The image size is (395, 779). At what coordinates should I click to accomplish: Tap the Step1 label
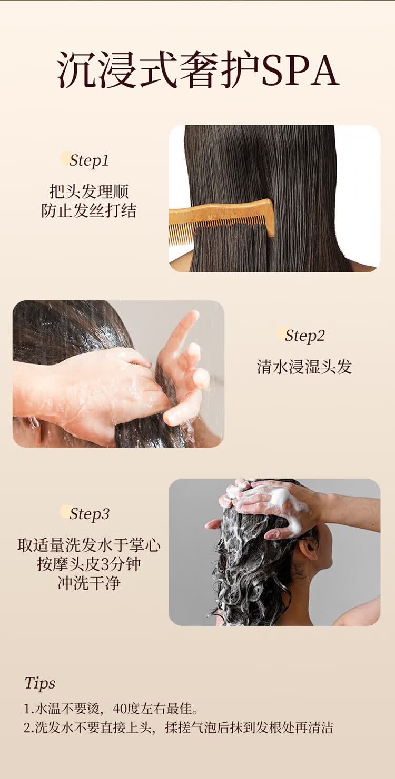pyautogui.click(x=89, y=160)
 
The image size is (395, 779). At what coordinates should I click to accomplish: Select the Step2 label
pyautogui.click(x=305, y=336)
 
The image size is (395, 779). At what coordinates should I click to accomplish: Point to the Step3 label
pyautogui.click(x=90, y=514)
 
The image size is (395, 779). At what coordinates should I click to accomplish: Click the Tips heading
pyautogui.click(x=39, y=684)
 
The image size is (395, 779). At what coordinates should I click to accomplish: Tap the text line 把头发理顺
pyautogui.click(x=89, y=191)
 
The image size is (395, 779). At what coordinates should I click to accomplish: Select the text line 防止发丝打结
pyautogui.click(x=89, y=210)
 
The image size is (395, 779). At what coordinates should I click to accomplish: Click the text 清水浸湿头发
pyautogui.click(x=304, y=367)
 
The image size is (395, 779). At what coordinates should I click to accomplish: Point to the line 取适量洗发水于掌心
pyautogui.click(x=89, y=545)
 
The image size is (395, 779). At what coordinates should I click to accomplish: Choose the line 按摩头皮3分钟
pyautogui.click(x=89, y=564)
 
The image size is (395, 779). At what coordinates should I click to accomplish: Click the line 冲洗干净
pyautogui.click(x=89, y=583)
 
